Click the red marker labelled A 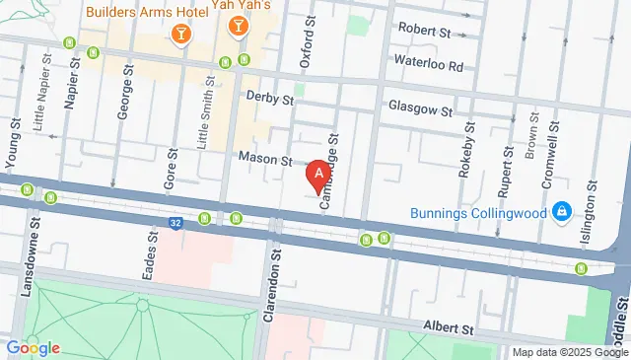pyautogui.click(x=317, y=176)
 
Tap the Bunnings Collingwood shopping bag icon pyautogui.click(x=561, y=212)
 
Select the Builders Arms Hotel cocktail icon pyautogui.click(x=180, y=36)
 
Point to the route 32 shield pyautogui.click(x=175, y=224)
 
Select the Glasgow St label pyautogui.click(x=419, y=108)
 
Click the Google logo pyautogui.click(x=33, y=347)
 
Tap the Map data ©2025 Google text pyautogui.click(x=570, y=352)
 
